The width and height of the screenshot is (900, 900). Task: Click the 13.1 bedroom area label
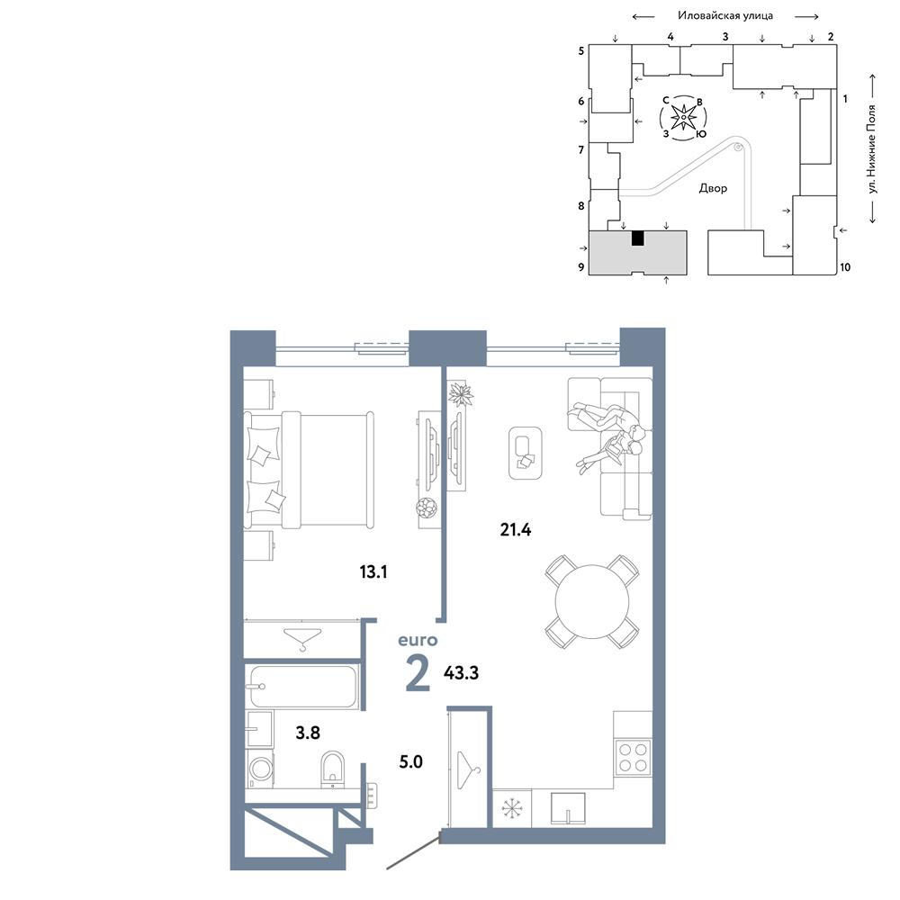(373, 571)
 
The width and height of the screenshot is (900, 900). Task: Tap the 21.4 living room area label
(516, 529)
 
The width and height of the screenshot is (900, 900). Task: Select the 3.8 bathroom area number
(308, 733)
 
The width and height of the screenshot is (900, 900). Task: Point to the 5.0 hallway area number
(411, 761)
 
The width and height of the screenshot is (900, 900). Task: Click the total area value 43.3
(461, 672)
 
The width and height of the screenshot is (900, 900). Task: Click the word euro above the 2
(418, 640)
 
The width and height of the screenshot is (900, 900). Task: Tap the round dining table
(592, 601)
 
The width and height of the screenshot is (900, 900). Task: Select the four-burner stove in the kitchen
(633, 757)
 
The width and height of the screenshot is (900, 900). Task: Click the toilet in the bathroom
(332, 769)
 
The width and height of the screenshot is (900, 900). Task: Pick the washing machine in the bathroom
(260, 769)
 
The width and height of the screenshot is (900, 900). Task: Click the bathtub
(301, 687)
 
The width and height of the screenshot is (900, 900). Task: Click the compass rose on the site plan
(683, 118)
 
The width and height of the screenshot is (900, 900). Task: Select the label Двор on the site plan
(713, 188)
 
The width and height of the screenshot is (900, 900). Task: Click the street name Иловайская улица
(725, 15)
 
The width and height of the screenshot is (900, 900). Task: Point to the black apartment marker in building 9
(637, 238)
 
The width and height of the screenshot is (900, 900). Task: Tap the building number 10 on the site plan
(845, 267)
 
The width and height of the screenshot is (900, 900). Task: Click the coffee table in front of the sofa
(526, 453)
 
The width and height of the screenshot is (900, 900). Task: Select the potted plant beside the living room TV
(460, 394)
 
